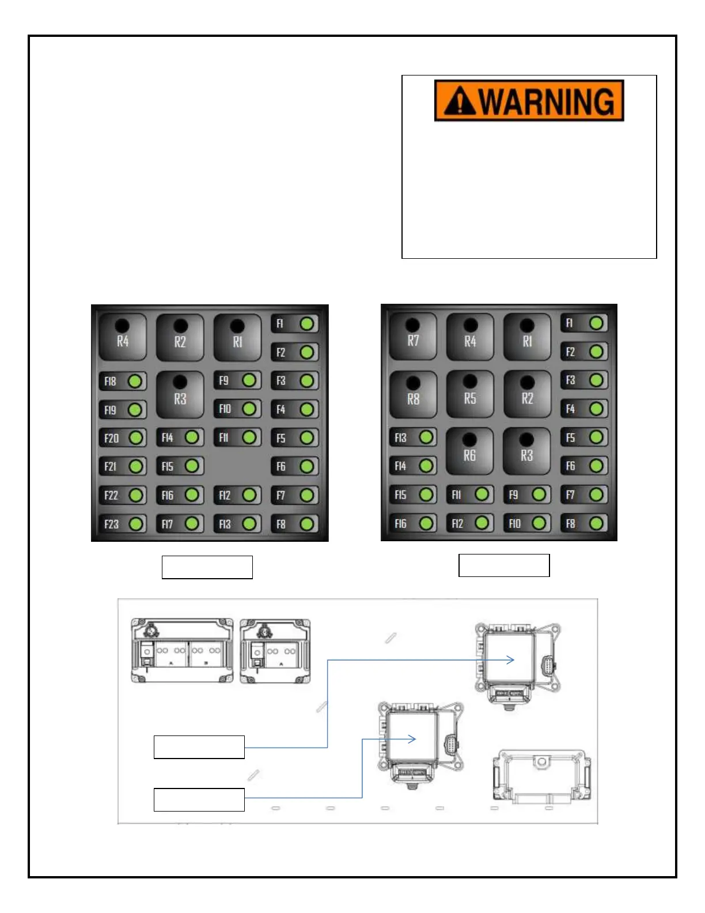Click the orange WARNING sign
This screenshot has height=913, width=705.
click(529, 100)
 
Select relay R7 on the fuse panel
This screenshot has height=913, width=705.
click(412, 337)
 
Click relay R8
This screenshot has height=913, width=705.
click(413, 394)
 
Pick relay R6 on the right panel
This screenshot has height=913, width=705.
click(469, 451)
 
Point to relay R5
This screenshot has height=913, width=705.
click(470, 394)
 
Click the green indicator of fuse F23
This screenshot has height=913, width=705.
click(137, 524)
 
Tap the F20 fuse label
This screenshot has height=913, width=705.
click(111, 438)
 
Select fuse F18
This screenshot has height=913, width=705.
click(122, 381)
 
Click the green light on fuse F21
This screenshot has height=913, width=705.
click(137, 466)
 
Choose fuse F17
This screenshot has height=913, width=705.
click(180, 524)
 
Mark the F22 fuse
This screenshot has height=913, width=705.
click(122, 495)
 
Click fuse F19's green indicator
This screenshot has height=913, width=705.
click(135, 410)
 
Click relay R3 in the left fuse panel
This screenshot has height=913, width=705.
click(180, 395)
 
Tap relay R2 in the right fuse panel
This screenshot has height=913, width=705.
click(527, 394)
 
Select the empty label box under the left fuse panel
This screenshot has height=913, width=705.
click(207, 567)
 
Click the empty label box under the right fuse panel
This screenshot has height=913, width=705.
click(504, 565)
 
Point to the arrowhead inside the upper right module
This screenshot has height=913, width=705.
click(510, 660)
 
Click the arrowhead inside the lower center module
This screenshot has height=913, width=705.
click(412, 739)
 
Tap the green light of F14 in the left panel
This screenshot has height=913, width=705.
click(192, 437)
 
